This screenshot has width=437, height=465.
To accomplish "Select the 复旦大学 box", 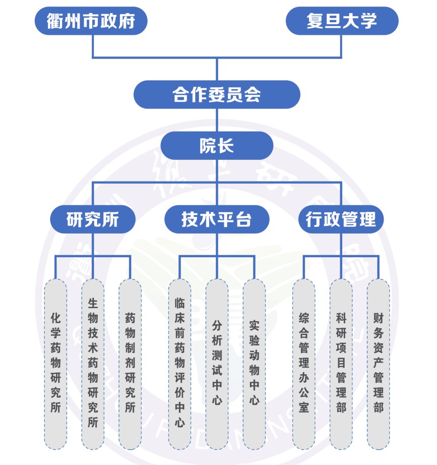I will pos(342,21).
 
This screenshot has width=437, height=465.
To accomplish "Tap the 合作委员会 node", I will pos(217,94).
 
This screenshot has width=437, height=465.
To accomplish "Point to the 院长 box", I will pos(217,146).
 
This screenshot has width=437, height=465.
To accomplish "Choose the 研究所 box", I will pos(93,220).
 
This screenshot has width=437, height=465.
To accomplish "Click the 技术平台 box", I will pos(217,220).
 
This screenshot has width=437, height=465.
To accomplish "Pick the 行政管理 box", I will pos(341,220).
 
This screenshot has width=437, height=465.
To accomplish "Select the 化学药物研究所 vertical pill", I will pos(55,363).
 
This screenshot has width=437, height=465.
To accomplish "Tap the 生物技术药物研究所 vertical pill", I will pos(93,363).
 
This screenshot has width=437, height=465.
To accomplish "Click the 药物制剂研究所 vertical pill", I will pos(130,363).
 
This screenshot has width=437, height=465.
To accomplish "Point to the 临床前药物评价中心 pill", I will pos(179,363).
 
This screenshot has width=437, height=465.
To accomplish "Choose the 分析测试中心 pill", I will pos(217,363).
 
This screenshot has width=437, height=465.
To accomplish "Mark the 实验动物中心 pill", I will pos(254,363).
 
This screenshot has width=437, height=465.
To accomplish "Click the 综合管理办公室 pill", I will pos(303,363).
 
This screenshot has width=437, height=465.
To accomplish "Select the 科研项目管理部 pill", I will pos(341,363).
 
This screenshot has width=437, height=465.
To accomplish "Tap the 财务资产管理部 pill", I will pos(378,363).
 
